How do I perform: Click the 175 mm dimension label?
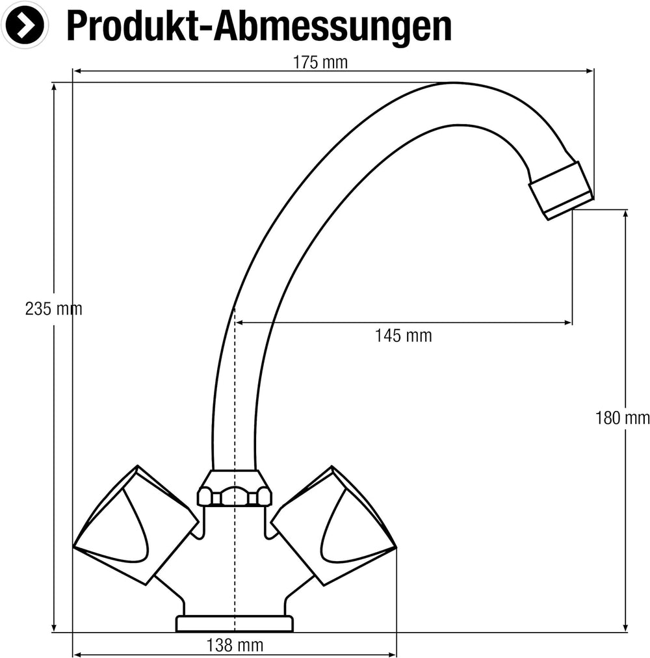coord(320,62)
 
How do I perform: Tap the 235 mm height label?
coord(53,309)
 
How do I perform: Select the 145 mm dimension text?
coord(403,336)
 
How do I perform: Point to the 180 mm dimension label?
coord(622,418)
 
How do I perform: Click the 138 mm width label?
coord(235,646)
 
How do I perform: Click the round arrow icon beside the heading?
coord(24,25)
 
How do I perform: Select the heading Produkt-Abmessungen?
coord(259,26)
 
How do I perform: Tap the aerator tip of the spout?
coord(560,191)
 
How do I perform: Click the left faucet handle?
coord(136,525)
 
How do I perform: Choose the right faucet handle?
coord(334,525)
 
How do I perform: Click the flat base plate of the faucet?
coord(234,624)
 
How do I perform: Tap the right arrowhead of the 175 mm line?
coord(590,71)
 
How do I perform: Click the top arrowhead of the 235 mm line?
coord(54,87)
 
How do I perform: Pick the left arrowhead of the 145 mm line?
coord(239,322)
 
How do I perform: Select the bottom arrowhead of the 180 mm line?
coord(626,627)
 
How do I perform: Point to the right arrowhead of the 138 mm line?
coord(393,654)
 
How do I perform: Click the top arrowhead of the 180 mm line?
coord(626,214)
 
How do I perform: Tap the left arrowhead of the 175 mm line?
coord(77,71)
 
